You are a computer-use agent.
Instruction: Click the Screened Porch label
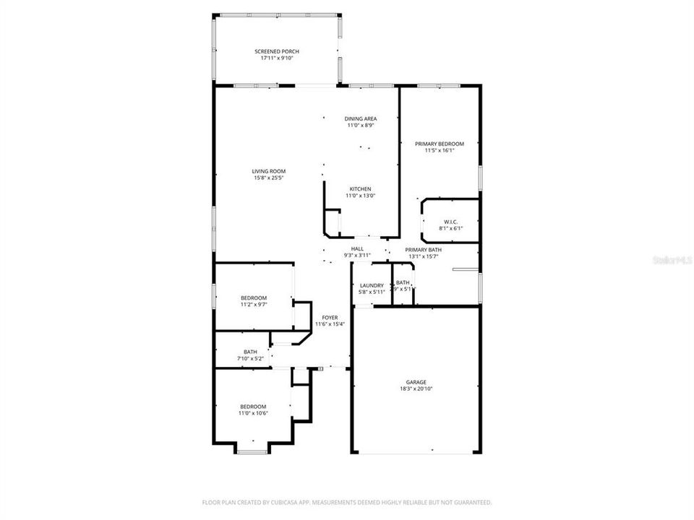click(x=276, y=51)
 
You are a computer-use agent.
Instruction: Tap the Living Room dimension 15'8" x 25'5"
click(x=268, y=178)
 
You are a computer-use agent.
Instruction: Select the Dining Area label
click(x=360, y=118)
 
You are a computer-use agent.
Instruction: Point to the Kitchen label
click(x=360, y=188)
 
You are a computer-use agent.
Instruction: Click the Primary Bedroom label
click(x=439, y=144)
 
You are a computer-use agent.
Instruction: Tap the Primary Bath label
click(x=423, y=249)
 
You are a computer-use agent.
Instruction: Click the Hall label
click(x=356, y=248)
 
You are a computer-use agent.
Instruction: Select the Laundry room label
click(x=371, y=285)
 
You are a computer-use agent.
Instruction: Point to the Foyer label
click(x=330, y=317)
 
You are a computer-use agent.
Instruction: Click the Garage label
click(x=416, y=382)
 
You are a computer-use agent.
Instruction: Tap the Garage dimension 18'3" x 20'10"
click(x=416, y=389)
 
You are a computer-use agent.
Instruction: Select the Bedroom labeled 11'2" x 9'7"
click(x=254, y=298)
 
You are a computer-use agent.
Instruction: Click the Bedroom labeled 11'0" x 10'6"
click(x=253, y=407)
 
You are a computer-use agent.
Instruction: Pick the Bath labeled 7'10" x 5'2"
click(x=250, y=352)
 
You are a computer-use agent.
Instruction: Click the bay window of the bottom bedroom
click(x=252, y=452)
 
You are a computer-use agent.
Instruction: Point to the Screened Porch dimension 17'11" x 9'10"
click(x=276, y=58)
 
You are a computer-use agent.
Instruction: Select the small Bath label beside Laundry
click(x=403, y=282)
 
